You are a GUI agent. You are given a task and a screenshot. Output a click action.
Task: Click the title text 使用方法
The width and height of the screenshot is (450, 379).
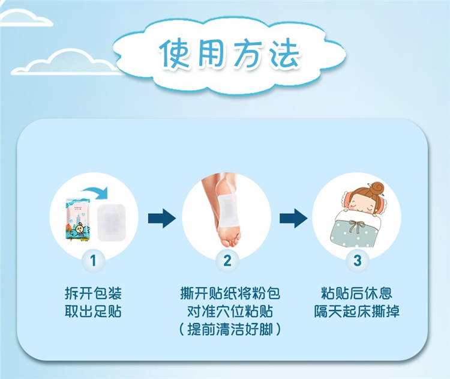230,53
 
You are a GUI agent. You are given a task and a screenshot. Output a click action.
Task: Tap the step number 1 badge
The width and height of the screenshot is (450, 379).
93,261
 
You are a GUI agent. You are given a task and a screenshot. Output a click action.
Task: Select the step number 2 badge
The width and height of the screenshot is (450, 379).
227,261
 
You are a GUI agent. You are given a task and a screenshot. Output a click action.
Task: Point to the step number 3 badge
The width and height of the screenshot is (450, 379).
357,261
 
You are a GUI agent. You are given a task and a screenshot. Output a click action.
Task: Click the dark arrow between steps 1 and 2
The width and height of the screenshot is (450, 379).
162,219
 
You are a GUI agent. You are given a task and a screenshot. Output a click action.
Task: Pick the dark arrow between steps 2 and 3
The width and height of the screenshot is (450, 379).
293,219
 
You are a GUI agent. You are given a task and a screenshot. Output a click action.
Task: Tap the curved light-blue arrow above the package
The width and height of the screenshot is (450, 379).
95,192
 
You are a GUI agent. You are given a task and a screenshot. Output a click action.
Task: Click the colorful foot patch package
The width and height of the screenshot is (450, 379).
78,219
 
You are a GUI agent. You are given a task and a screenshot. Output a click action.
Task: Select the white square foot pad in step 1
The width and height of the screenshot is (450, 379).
112,222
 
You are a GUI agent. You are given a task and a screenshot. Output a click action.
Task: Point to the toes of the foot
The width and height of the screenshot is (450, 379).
230,238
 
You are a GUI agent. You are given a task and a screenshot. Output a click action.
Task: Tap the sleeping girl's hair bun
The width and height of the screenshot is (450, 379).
377,189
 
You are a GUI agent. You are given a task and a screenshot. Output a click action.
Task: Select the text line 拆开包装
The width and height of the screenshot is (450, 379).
93,293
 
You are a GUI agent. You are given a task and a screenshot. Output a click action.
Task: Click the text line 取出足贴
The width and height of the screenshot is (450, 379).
93,311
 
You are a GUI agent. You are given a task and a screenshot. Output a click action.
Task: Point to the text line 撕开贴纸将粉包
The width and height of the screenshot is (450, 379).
230,293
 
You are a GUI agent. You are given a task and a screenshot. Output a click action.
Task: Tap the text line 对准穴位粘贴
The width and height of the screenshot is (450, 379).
230,311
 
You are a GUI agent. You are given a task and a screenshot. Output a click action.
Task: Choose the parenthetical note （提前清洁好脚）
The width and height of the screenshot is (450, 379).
230,329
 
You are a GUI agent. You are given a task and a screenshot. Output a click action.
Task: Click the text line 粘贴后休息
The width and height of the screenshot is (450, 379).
357,293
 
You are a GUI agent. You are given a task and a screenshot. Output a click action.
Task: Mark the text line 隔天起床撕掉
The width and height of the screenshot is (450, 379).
357,311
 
